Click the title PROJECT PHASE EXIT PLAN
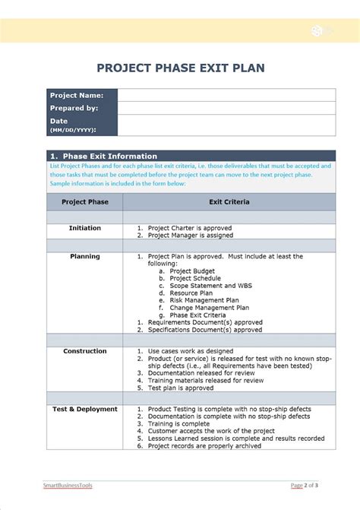[180, 68]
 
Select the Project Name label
[76, 95]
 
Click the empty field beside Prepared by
[226, 108]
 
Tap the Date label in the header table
[59, 121]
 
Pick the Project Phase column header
[84, 202]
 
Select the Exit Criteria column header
[229, 202]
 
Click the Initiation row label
[84, 228]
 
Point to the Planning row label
[84, 256]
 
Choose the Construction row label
[84, 351]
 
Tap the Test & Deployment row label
[84, 409]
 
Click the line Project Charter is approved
[189, 228]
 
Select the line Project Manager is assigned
[191, 236]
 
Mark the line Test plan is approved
[180, 388]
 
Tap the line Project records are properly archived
[204, 445]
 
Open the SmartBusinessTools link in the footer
[67, 485]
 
